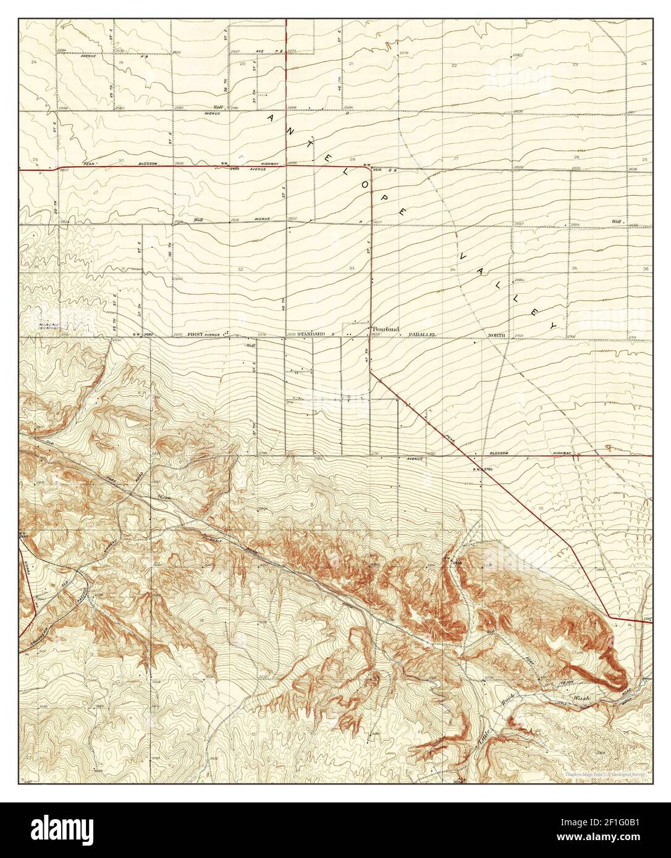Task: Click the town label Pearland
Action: (384, 328)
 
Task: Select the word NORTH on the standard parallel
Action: (497, 335)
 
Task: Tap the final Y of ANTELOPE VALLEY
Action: (554, 325)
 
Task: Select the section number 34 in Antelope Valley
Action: (453, 270)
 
